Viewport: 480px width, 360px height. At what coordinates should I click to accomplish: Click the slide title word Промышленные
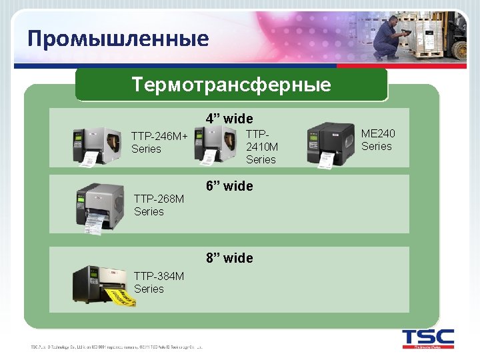[x=118, y=39]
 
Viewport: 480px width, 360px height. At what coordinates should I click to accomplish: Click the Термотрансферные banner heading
[x=231, y=85]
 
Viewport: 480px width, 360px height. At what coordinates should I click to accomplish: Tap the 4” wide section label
[x=229, y=119]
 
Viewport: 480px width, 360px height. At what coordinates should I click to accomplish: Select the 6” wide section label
[x=229, y=186]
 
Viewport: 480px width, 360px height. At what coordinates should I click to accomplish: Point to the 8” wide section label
[x=229, y=258]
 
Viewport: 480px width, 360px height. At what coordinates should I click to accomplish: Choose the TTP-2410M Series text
[x=261, y=147]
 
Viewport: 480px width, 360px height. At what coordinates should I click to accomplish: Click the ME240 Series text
[x=377, y=140]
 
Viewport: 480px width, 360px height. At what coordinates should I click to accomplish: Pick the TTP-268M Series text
[x=159, y=205]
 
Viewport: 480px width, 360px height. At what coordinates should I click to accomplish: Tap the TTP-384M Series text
[x=159, y=282]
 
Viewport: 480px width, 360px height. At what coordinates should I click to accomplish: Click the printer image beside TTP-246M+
[x=98, y=145]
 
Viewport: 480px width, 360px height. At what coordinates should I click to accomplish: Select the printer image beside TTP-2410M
[x=217, y=144]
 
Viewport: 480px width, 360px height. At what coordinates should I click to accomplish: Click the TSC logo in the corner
[x=427, y=339]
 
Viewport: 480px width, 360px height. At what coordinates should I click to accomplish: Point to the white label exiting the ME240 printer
[x=327, y=160]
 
